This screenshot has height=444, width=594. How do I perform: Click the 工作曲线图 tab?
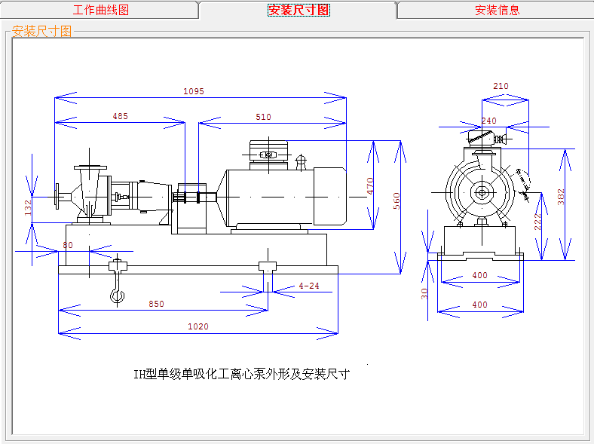pyautogui.click(x=100, y=10)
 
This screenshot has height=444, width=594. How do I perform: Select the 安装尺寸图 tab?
pyautogui.click(x=299, y=10)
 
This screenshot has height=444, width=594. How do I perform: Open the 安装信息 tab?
pyautogui.click(x=497, y=10)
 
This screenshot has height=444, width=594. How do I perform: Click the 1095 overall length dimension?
pyautogui.click(x=194, y=91)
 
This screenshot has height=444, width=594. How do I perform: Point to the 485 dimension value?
pyautogui.click(x=120, y=117)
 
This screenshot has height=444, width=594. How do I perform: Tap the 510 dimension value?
pyautogui.click(x=263, y=117)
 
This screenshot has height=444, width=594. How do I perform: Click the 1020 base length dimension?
pyautogui.click(x=198, y=326)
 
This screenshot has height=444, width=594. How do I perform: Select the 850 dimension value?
pyautogui.click(x=156, y=304)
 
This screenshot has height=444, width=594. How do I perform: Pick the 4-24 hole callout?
pyautogui.click(x=309, y=286)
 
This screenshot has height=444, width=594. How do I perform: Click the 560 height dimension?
pyautogui.click(x=397, y=201)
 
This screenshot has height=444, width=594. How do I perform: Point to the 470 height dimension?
pyautogui.click(x=370, y=186)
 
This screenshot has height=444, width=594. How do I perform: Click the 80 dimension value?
pyautogui.click(x=68, y=245)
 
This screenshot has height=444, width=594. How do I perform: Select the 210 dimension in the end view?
pyautogui.click(x=501, y=87)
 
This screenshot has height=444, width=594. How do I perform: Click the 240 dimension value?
pyautogui.click(x=488, y=121)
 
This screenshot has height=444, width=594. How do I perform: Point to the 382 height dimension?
pyautogui.click(x=560, y=197)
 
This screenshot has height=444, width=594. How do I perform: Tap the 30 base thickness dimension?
pyautogui.click(x=424, y=293)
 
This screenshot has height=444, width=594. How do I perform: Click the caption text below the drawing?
pyautogui.click(x=241, y=373)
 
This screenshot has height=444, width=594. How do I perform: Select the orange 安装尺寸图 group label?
pyautogui.click(x=42, y=31)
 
